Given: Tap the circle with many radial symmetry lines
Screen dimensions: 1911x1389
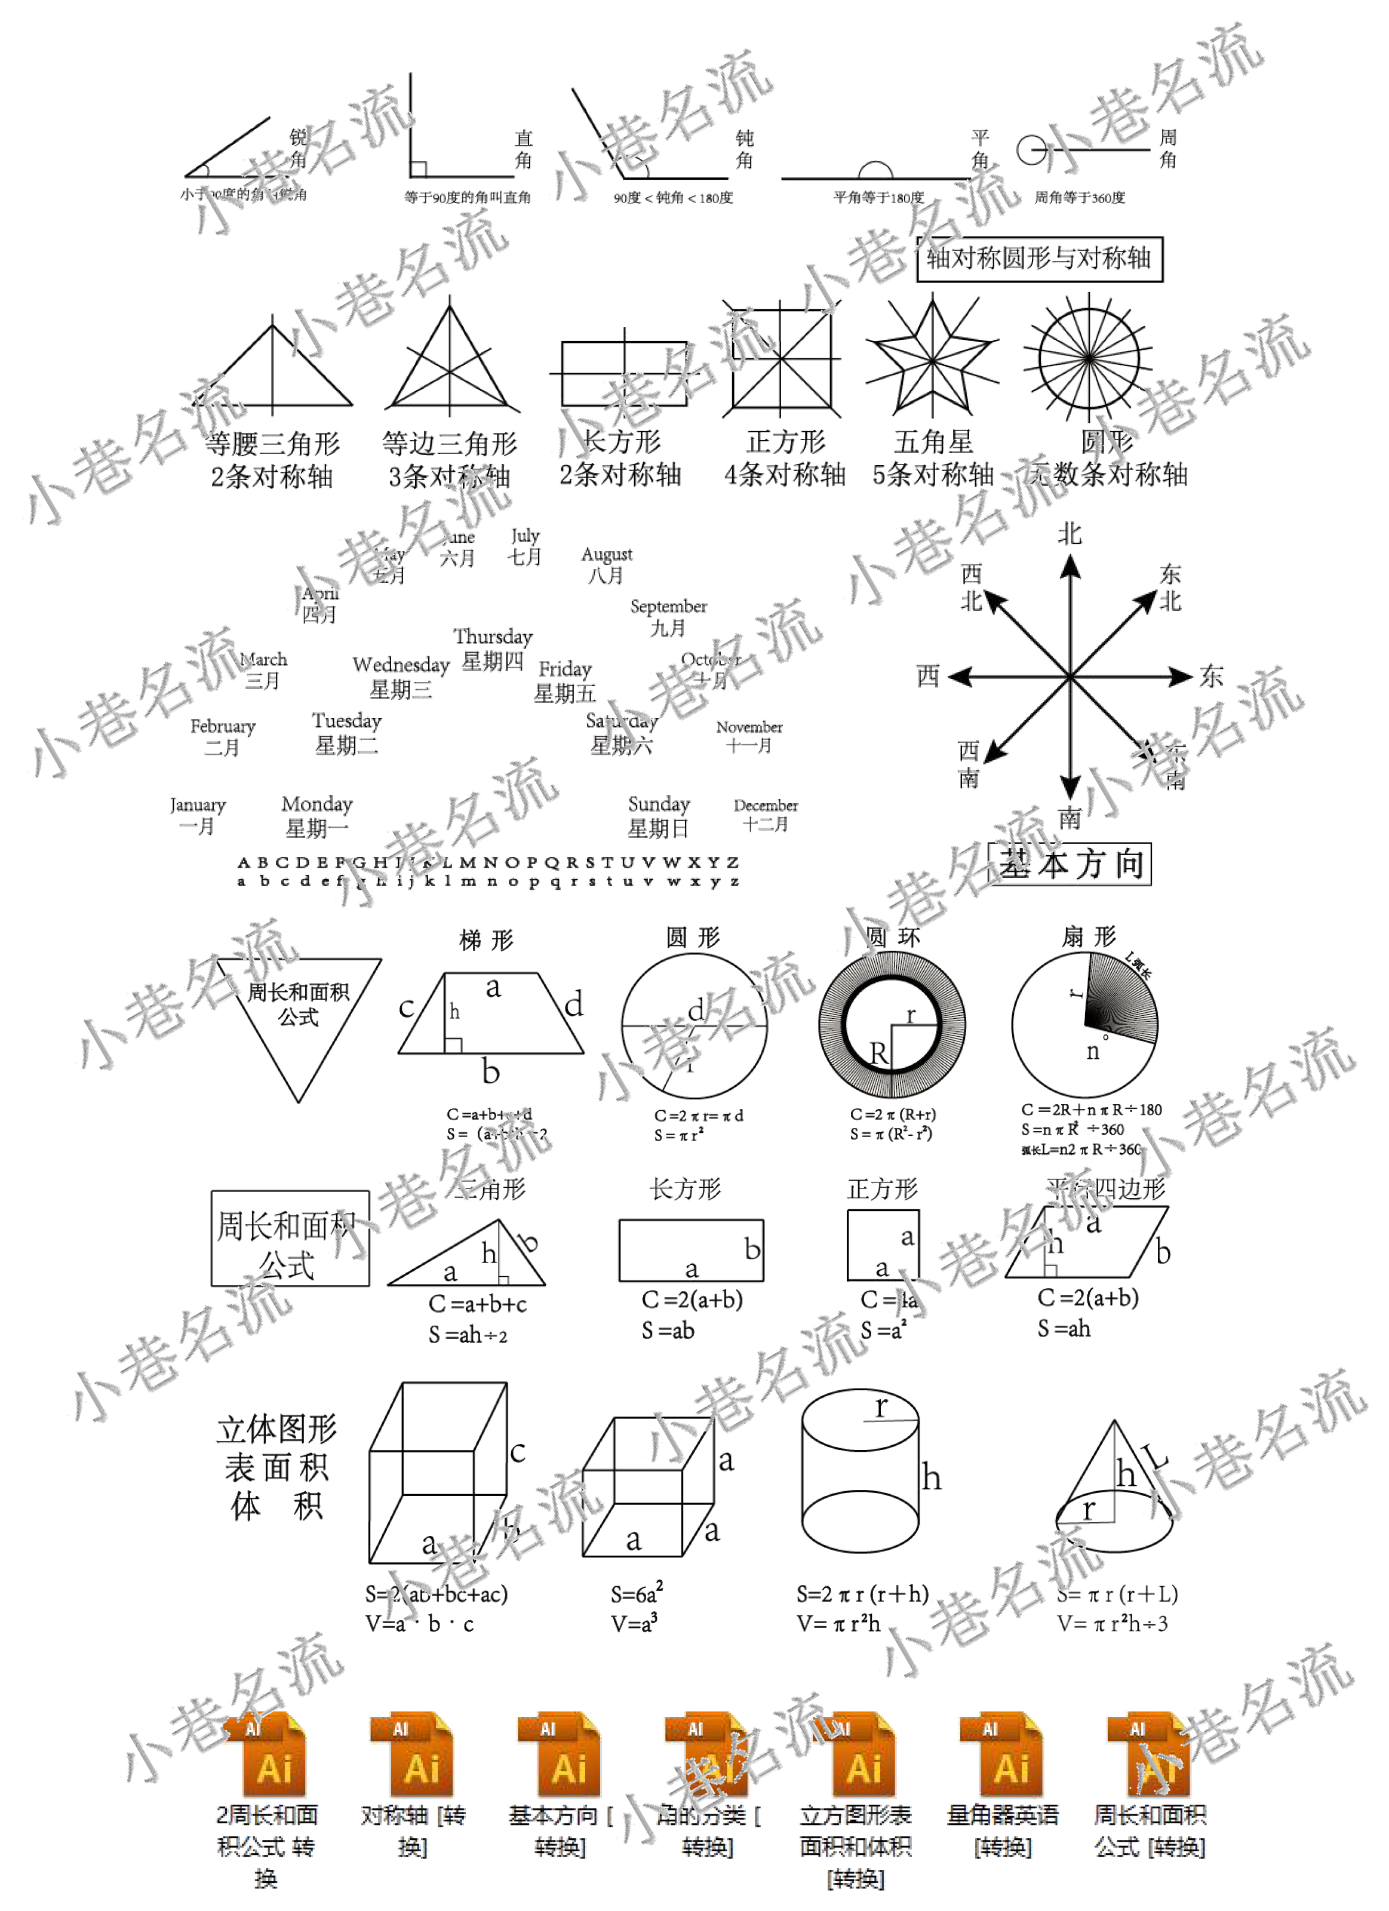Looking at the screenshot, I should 1088,358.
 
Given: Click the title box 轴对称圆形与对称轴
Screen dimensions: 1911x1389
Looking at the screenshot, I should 1038,259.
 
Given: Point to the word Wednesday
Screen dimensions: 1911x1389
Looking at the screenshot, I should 401,665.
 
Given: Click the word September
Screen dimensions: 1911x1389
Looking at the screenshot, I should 668,606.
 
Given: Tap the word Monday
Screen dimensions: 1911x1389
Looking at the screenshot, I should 316,804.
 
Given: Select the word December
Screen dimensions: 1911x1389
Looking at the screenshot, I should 765,806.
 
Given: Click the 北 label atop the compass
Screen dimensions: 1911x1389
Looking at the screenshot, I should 1069,533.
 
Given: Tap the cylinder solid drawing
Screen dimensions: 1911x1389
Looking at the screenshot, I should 859,1474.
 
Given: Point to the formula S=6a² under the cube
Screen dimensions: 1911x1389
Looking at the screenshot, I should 637,1594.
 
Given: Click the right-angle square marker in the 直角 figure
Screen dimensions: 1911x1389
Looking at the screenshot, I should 419,170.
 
